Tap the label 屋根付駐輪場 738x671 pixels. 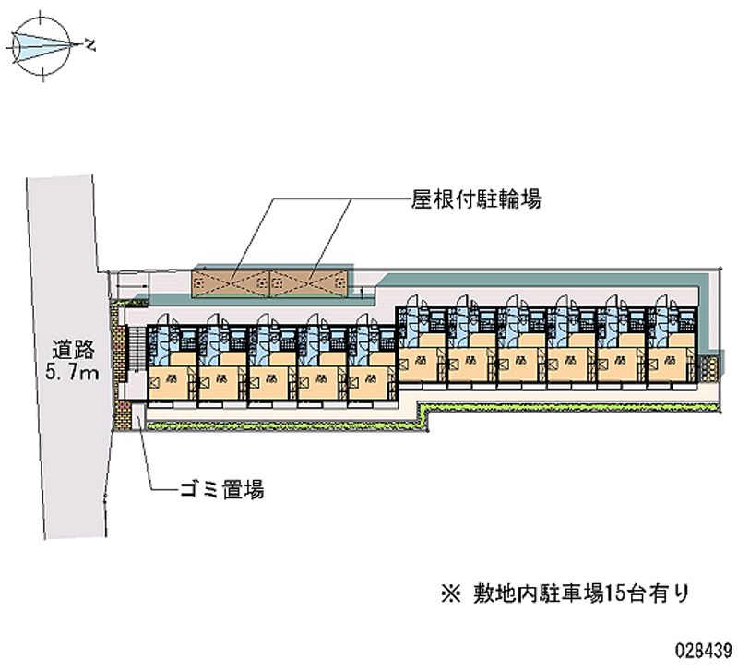tap(476, 198)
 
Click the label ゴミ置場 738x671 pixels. tap(222, 490)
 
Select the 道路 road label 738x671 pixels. tap(74, 350)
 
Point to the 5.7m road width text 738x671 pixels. tap(74, 373)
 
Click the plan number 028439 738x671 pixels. tap(704, 647)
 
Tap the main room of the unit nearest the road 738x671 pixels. tap(170, 383)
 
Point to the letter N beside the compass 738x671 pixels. tap(89, 42)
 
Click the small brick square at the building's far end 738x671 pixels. tap(708, 366)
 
